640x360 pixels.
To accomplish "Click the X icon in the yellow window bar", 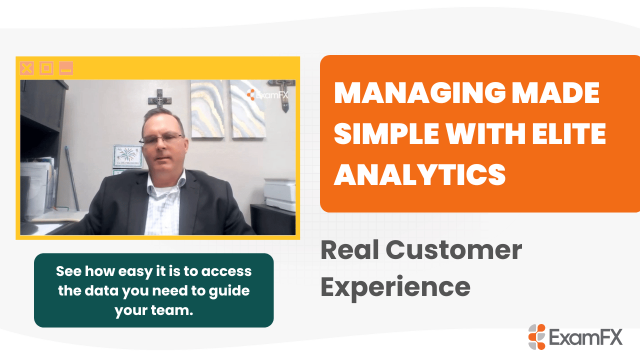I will tap(26, 68).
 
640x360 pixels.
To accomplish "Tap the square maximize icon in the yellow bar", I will tap(46, 68).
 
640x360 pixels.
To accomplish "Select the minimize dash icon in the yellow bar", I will tap(66, 68).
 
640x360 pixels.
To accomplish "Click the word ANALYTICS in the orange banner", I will tap(419, 173).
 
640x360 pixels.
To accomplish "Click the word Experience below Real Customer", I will tap(395, 286).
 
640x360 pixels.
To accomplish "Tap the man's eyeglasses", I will tap(161, 138).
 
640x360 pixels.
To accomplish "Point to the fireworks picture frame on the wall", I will tap(127, 156).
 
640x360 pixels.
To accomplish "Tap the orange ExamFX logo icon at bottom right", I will tap(536, 336).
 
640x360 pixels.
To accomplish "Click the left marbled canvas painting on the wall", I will tap(207, 109).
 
